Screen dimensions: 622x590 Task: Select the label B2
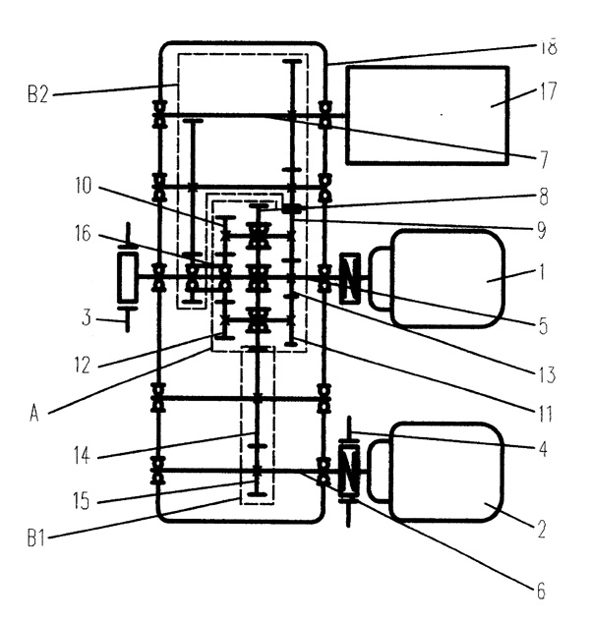(x=38, y=95)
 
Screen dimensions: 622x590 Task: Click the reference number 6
(x=539, y=592)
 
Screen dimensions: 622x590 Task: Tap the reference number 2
(x=541, y=529)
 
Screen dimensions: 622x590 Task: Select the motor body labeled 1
(x=447, y=278)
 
